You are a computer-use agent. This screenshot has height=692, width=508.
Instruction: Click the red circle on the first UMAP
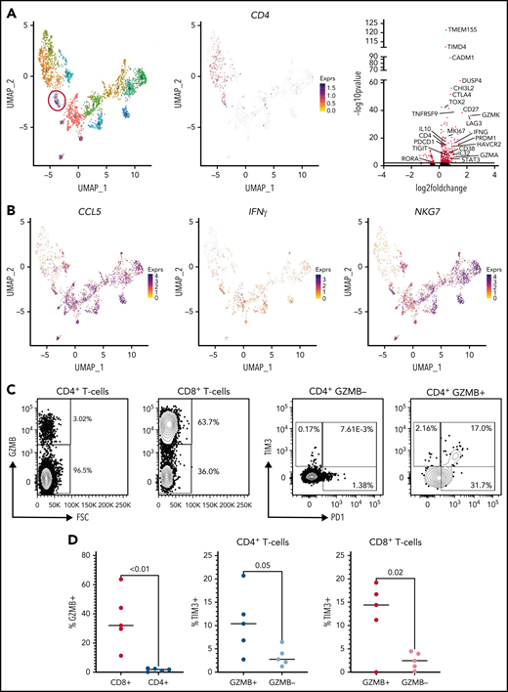pyautogui.click(x=58, y=102)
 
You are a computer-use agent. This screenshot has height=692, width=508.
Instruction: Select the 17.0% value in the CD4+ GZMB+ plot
pyautogui.click(x=473, y=400)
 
